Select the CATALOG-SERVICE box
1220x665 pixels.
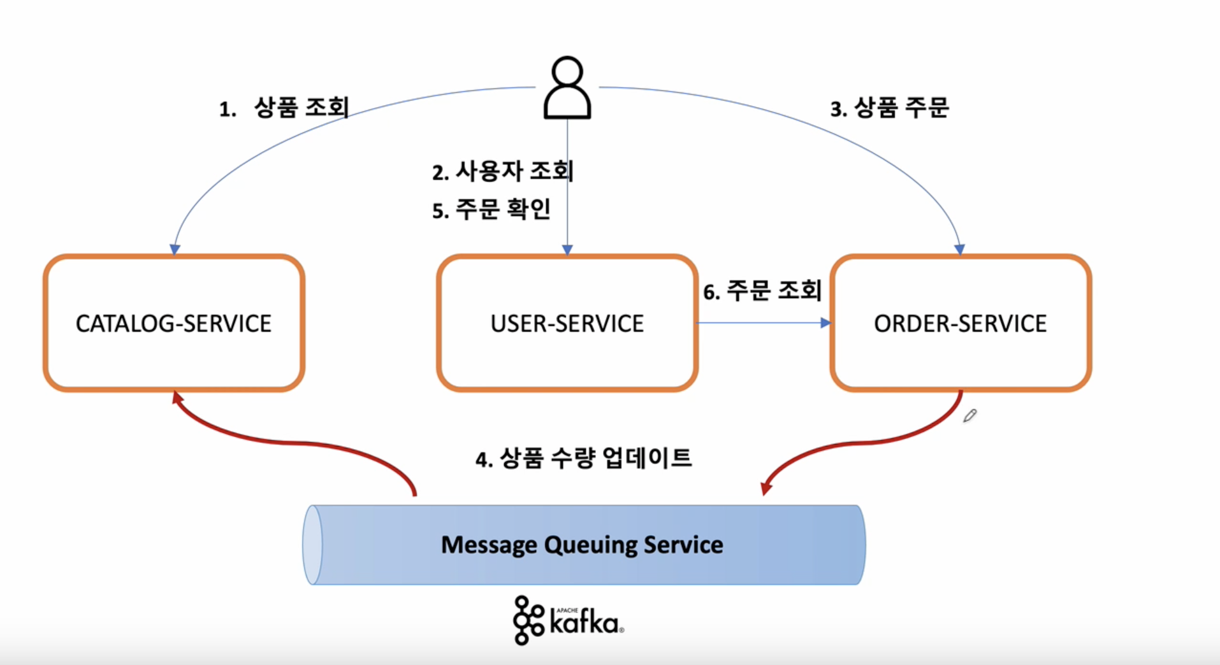(x=173, y=323)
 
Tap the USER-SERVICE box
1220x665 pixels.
(x=567, y=323)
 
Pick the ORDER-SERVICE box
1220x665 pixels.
(x=960, y=323)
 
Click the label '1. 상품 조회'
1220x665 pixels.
(x=284, y=108)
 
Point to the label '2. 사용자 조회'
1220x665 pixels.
(x=502, y=171)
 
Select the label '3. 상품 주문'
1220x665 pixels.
(x=889, y=108)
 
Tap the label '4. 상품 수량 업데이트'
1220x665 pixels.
(x=583, y=458)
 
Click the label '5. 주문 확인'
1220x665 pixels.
(x=491, y=210)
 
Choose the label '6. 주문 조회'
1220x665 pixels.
(x=762, y=291)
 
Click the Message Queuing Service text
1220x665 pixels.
(x=582, y=545)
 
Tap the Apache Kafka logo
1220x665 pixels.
(x=568, y=620)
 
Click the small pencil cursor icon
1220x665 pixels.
(x=969, y=416)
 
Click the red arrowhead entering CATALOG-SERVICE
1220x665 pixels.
(x=178, y=397)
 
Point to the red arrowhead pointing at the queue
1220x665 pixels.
(x=766, y=488)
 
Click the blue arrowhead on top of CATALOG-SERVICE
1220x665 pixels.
(x=175, y=249)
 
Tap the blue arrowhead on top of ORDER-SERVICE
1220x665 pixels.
(x=959, y=249)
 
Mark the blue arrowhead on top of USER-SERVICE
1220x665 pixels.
(x=567, y=249)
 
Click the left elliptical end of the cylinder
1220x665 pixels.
(x=312, y=545)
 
